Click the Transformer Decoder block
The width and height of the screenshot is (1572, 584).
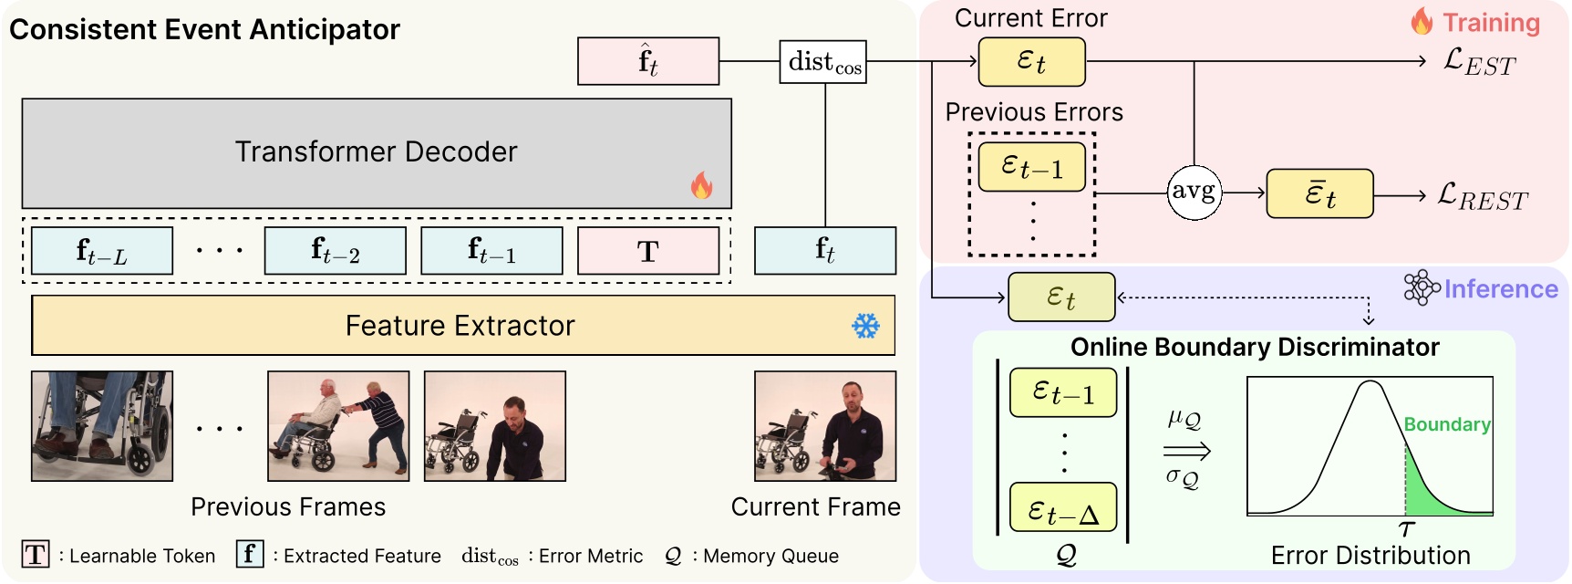coord(376,152)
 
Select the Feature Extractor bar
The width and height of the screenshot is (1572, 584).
coord(462,326)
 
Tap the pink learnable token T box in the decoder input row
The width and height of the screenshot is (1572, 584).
coord(648,251)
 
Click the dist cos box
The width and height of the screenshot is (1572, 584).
coord(822,62)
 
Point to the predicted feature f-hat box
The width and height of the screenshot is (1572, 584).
coord(648,61)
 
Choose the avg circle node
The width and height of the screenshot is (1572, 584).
coord(1194,193)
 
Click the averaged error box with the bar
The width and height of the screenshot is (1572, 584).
coord(1319,193)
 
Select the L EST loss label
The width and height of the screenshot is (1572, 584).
coord(1479,62)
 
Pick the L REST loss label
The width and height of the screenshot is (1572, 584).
coord(1482,195)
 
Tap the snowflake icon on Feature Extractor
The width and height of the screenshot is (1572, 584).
coord(865,326)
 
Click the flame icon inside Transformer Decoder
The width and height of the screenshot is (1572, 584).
coord(701,185)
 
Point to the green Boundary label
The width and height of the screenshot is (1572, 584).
coord(1446,424)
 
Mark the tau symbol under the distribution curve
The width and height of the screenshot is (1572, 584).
coord(1406,529)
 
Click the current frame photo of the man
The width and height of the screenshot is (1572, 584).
coord(825,426)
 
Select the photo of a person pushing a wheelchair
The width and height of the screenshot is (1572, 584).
coord(338,426)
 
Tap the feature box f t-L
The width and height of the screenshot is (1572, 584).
coord(102,251)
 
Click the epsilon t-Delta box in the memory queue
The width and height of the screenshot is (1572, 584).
coord(1063,507)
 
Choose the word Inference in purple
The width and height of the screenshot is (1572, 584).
coord(1501,289)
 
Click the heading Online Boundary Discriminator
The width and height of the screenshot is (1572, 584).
coord(1255,348)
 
